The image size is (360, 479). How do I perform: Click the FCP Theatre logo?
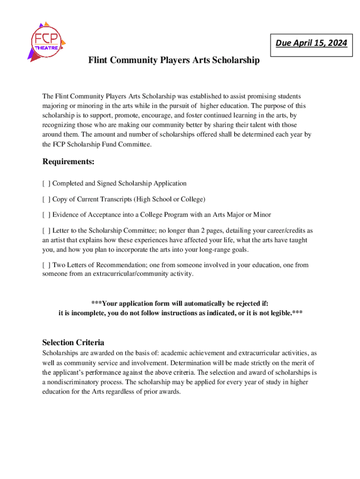tap(47, 41)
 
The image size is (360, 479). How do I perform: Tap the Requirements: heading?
tap(68, 162)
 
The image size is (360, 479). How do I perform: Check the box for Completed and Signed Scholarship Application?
tap(46, 183)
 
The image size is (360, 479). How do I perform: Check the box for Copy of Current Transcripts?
tap(46, 199)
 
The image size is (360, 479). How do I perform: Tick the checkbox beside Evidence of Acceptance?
tap(46, 215)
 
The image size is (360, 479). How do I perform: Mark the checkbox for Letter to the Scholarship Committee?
tap(46, 231)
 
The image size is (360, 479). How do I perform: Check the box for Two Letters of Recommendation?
tap(46, 265)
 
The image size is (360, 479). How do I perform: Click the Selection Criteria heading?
tap(73, 342)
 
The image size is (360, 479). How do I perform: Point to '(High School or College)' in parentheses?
tap(169, 199)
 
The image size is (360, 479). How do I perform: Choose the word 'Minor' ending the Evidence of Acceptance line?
tap(262, 215)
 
